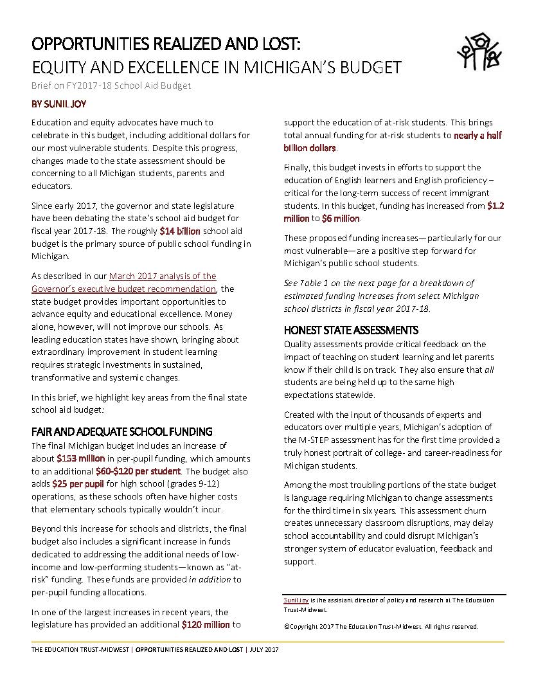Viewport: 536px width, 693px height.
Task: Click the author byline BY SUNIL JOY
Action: pyautogui.click(x=58, y=104)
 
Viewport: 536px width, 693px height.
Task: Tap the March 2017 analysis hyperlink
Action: pyautogui.click(x=162, y=276)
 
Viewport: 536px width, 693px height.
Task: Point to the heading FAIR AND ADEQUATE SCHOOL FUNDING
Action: pyautogui.click(x=122, y=431)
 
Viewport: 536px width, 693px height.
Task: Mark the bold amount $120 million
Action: pyautogui.click(x=206, y=624)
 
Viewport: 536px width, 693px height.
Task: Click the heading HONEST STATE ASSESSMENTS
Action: pyautogui.click(x=351, y=330)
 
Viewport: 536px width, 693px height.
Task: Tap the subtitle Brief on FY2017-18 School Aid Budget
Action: pyautogui.click(x=111, y=85)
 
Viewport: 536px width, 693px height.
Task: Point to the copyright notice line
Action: pyautogui.click(x=380, y=626)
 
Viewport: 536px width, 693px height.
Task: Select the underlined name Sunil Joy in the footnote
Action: pyautogui.click(x=296, y=600)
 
